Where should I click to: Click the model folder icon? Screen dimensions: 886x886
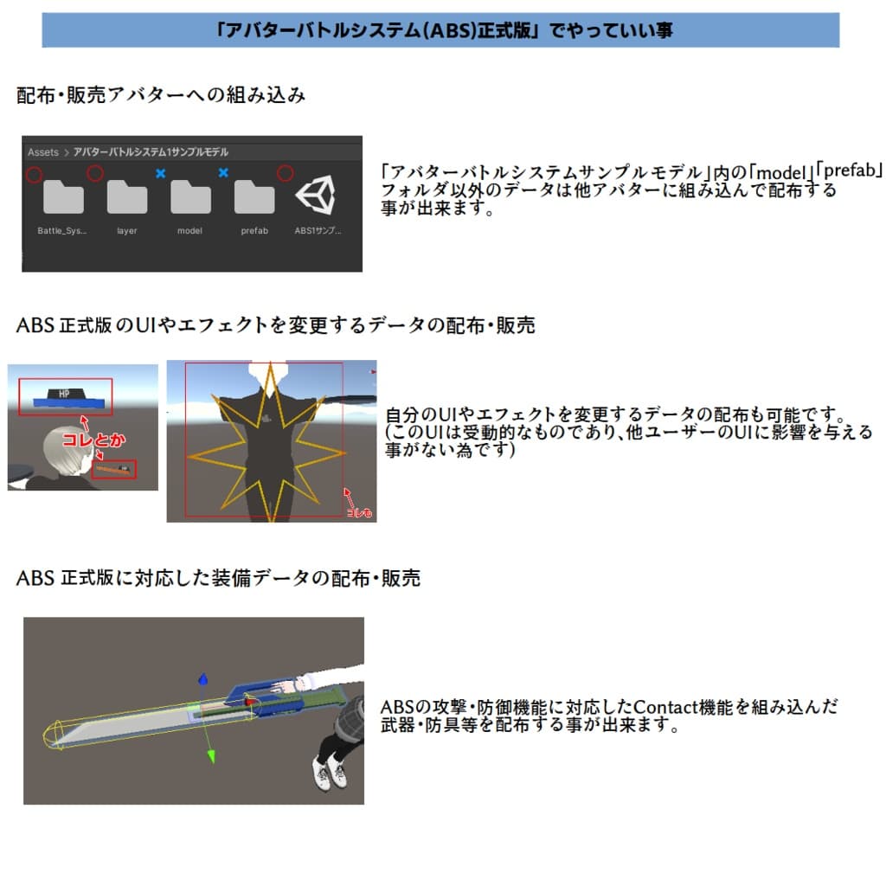[x=190, y=197]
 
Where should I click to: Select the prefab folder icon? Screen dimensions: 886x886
[x=254, y=197]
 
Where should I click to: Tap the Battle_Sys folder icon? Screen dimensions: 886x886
[x=62, y=197]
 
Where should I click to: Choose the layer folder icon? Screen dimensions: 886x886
[x=126, y=197]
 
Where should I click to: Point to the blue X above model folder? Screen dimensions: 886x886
[x=160, y=174]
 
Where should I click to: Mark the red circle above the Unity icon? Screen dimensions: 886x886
[x=285, y=174]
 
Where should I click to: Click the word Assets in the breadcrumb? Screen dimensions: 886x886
[x=43, y=152]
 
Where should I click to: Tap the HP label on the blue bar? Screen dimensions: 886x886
[x=63, y=394]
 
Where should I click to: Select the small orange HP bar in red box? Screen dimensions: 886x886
[x=113, y=469]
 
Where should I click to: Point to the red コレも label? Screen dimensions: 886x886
[x=359, y=512]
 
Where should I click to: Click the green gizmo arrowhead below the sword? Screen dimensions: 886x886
[x=209, y=758]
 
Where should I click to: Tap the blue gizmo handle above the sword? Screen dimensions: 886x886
[x=204, y=680]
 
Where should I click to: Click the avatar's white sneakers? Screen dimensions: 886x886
[x=329, y=775]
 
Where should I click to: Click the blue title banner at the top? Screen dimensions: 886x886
[x=440, y=30]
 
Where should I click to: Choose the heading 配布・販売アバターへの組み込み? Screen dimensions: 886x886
[x=161, y=95]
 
